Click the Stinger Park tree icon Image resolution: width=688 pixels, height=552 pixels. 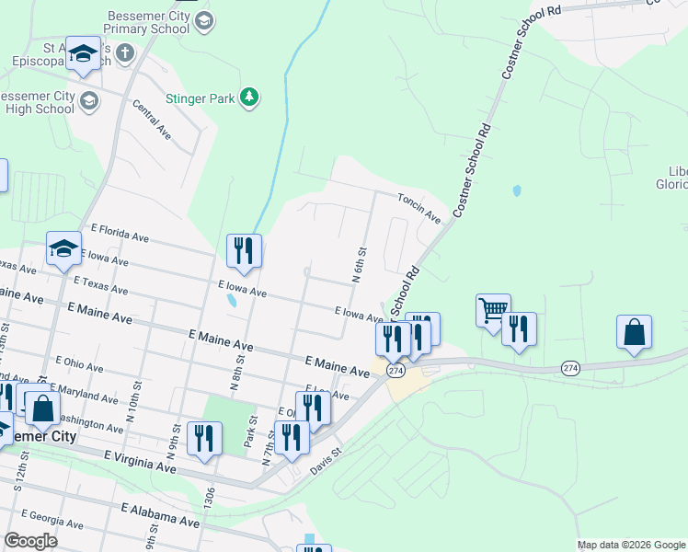pyautogui.click(x=248, y=96)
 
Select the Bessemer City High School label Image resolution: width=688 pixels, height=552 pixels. pyautogui.click(x=37, y=102)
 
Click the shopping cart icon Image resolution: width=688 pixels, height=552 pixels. pyautogui.click(x=494, y=310)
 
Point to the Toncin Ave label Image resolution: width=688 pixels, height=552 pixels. pyautogui.click(x=419, y=207)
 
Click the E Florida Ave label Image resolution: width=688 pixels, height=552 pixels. pyautogui.click(x=120, y=236)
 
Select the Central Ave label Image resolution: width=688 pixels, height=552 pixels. pyautogui.click(x=152, y=120)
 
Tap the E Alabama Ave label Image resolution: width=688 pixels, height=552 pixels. pyautogui.click(x=160, y=514)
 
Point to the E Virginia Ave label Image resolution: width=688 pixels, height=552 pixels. pyautogui.click(x=140, y=462)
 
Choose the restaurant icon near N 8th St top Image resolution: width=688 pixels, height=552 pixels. pyautogui.click(x=244, y=251)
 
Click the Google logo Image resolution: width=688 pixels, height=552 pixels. pyautogui.click(x=30, y=541)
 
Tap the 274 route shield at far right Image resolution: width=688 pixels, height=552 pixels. pyautogui.click(x=570, y=368)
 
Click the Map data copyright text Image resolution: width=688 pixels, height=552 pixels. pyautogui.click(x=631, y=545)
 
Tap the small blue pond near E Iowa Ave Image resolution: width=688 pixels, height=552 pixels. pyautogui.click(x=231, y=300)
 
